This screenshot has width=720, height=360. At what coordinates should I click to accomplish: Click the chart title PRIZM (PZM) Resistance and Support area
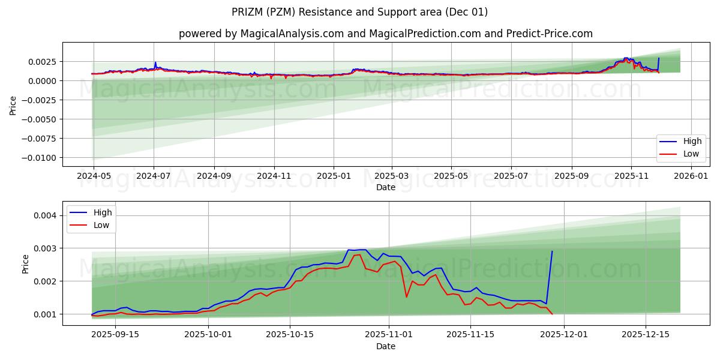tap(359, 12)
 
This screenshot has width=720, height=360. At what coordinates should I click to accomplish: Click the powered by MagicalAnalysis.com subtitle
tap(385, 34)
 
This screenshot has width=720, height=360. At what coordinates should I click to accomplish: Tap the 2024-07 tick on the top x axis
tap(154, 176)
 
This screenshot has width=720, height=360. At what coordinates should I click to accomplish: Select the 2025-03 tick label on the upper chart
tap(392, 176)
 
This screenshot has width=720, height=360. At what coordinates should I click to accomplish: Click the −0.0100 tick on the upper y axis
tap(40, 158)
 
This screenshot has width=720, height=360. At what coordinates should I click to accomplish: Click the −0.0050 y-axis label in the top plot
tap(40, 119)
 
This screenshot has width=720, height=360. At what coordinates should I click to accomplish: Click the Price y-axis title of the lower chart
tap(25, 264)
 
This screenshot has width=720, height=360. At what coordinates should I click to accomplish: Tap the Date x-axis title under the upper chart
tap(385, 187)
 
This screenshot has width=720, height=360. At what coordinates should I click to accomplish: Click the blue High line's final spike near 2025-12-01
tap(552, 253)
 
